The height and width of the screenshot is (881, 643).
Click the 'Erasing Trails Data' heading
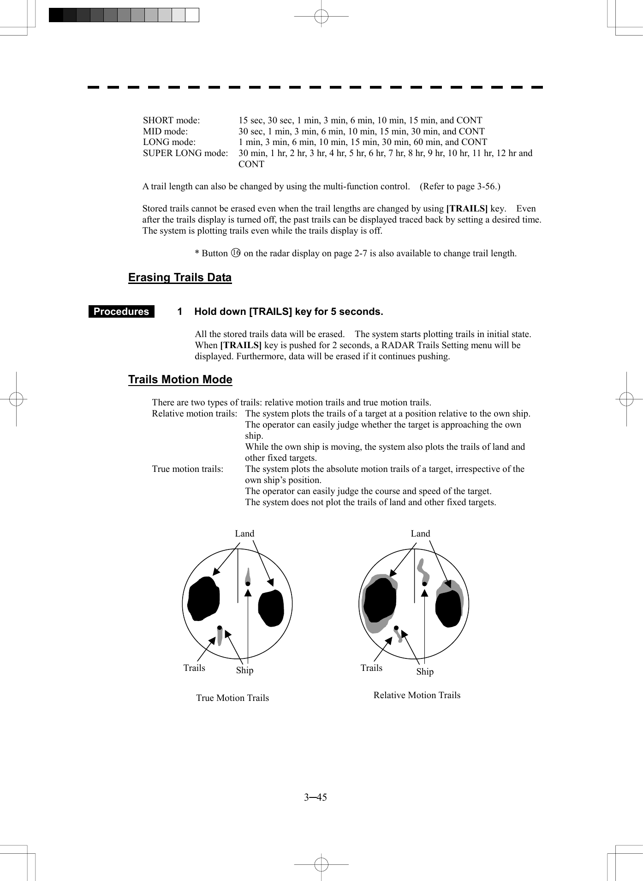tap(180, 278)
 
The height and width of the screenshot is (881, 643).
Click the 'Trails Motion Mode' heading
tap(180, 380)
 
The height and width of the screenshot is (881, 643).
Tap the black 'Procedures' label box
tap(121, 312)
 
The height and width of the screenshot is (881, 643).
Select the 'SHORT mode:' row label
tap(171, 121)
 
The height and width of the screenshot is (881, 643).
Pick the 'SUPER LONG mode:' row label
tap(185, 153)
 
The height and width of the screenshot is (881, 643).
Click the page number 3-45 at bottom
tap(315, 797)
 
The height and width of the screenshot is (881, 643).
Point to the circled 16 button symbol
tap(236, 253)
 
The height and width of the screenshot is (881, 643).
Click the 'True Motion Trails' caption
tap(232, 698)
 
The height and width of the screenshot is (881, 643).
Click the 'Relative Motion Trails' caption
tap(417, 695)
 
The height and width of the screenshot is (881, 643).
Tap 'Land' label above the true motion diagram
tap(244, 534)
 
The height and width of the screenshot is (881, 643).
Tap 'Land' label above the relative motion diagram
tap(420, 534)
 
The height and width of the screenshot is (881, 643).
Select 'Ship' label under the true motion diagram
tap(244, 670)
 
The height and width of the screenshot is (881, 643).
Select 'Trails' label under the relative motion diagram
tap(371, 668)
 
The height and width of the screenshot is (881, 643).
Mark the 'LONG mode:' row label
tap(169, 142)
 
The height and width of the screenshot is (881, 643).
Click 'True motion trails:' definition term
tap(187, 469)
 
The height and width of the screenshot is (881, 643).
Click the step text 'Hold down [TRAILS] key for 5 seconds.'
tap(288, 312)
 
